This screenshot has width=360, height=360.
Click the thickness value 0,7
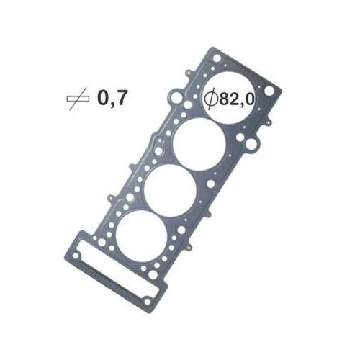pyautogui.click(x=112, y=99)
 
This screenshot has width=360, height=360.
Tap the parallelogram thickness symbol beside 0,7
pyautogui.click(x=78, y=99)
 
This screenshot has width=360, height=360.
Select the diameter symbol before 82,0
pyautogui.click(x=211, y=99)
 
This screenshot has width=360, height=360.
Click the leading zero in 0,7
pyautogui.click(x=103, y=99)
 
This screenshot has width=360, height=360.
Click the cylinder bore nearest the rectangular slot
pyautogui.click(x=139, y=232)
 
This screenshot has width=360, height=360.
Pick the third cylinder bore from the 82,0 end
pyautogui.click(x=168, y=189)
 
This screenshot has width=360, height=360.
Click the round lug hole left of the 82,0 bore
pyautogui.click(x=174, y=96)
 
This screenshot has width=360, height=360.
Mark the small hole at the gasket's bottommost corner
pyautogui.click(x=148, y=298)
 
